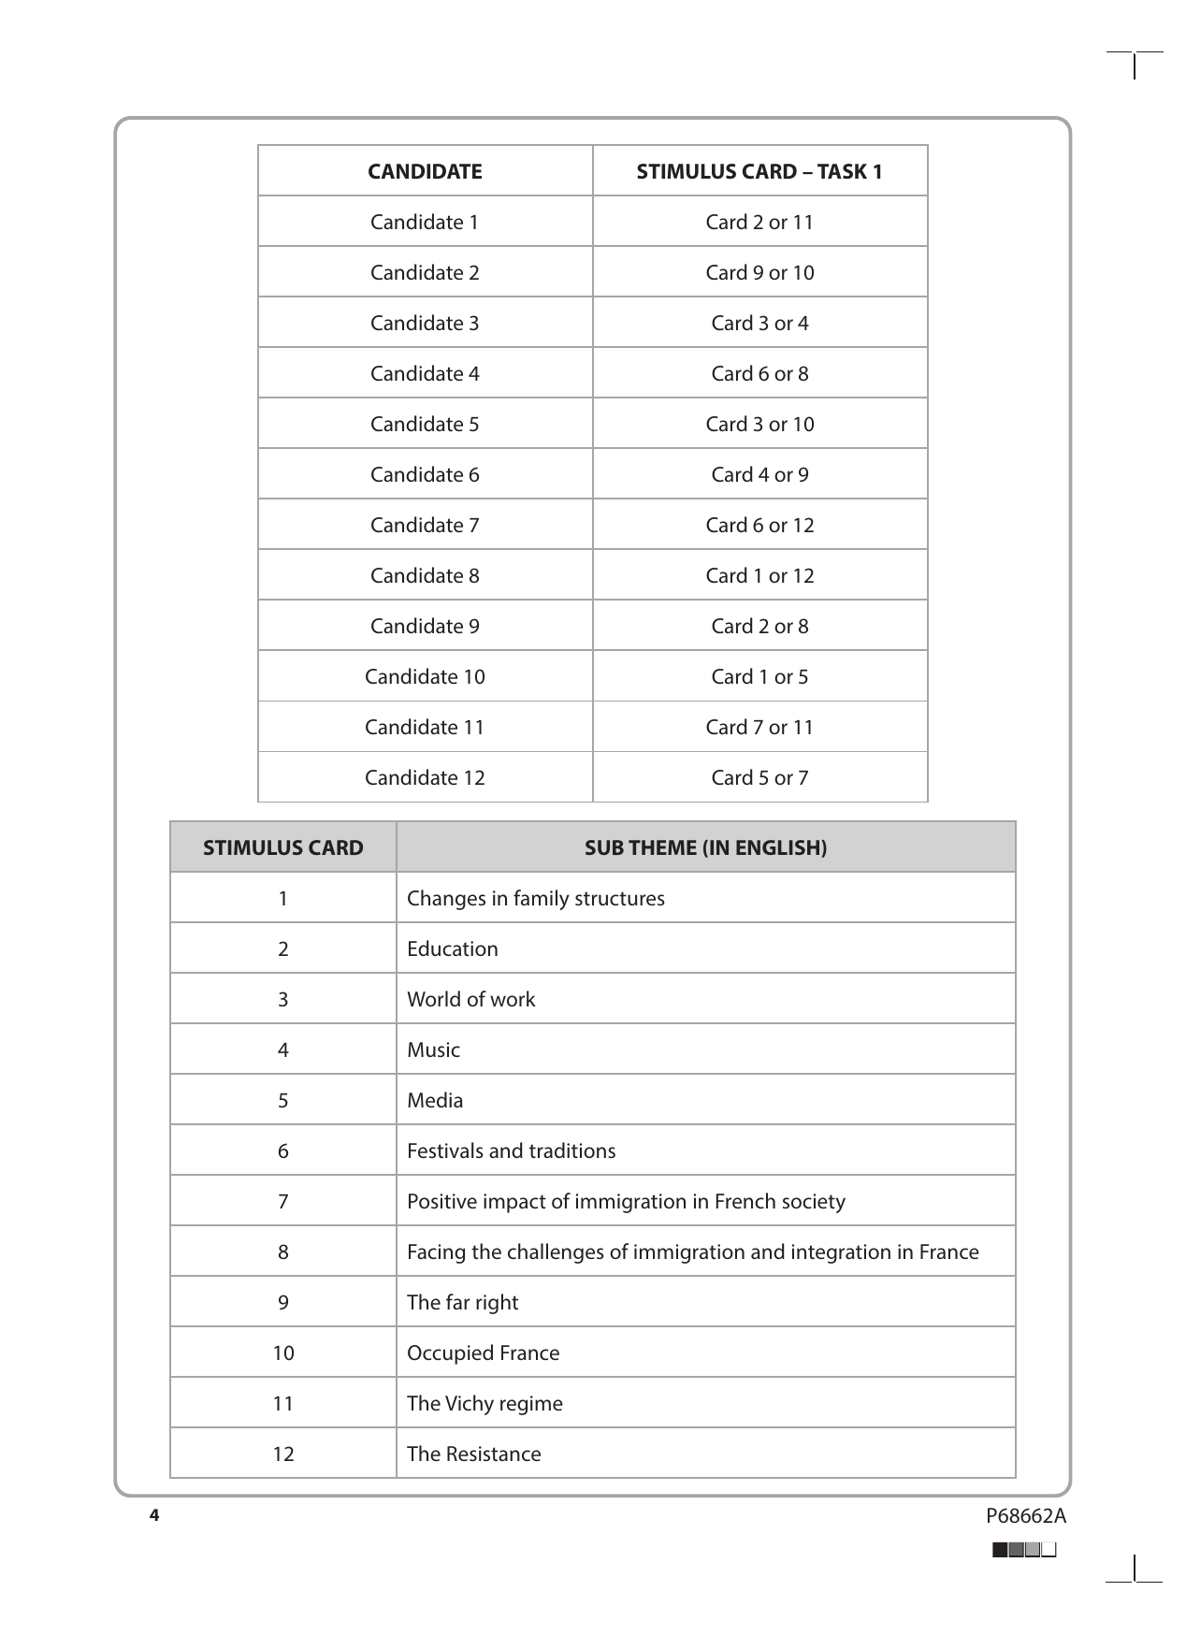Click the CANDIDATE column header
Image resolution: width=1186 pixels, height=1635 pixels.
point(425,171)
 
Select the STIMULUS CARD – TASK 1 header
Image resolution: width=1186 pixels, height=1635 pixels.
point(759,171)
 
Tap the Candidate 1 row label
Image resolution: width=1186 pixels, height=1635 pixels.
point(425,222)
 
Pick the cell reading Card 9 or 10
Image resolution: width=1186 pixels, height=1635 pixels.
point(759,272)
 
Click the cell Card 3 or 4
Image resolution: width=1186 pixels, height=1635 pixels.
point(759,323)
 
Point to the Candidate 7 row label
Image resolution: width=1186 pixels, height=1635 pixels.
point(425,525)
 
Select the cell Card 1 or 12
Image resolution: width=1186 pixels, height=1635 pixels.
point(759,575)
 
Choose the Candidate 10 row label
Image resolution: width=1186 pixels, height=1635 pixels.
point(425,676)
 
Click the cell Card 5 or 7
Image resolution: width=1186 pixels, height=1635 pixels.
point(759,777)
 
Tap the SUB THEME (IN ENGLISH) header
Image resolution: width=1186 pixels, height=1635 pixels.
point(705,847)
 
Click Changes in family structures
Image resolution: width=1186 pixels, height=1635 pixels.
point(536,898)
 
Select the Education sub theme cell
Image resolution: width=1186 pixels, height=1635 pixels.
point(453,948)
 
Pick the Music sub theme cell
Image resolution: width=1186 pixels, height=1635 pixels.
point(434,1049)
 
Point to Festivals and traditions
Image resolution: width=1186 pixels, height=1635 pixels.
point(512,1150)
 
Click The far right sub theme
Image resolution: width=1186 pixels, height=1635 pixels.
point(463,1302)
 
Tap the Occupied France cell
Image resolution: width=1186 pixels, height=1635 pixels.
point(484,1353)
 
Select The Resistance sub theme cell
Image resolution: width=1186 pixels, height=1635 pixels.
point(474,1454)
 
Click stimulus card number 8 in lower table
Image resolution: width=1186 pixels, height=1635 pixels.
point(283,1252)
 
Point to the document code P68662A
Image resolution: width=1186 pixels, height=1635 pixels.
point(1025,1516)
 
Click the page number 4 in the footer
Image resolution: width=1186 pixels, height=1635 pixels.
point(155,1515)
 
